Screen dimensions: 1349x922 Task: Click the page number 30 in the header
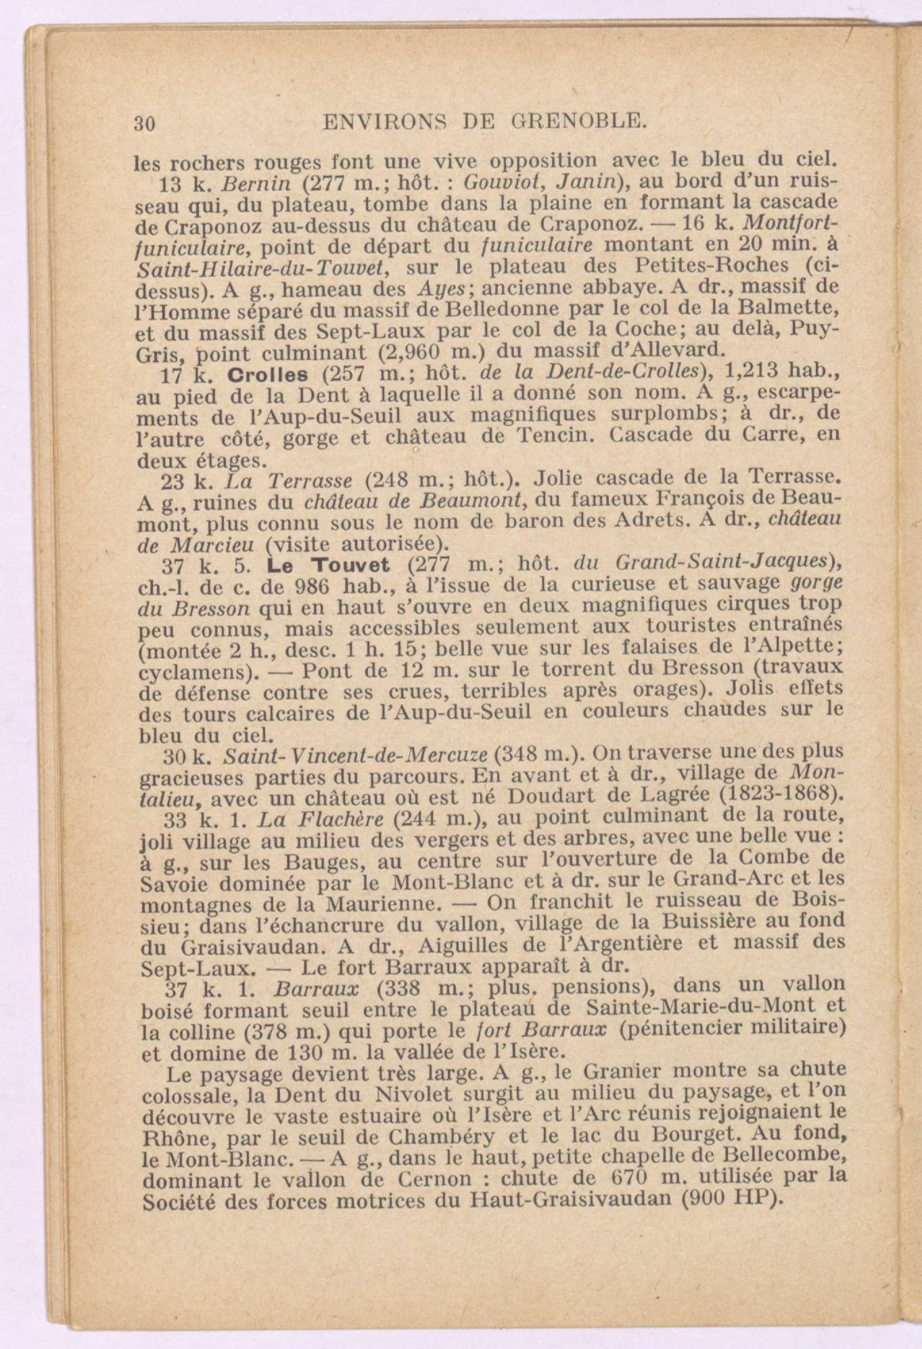tap(145, 123)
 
